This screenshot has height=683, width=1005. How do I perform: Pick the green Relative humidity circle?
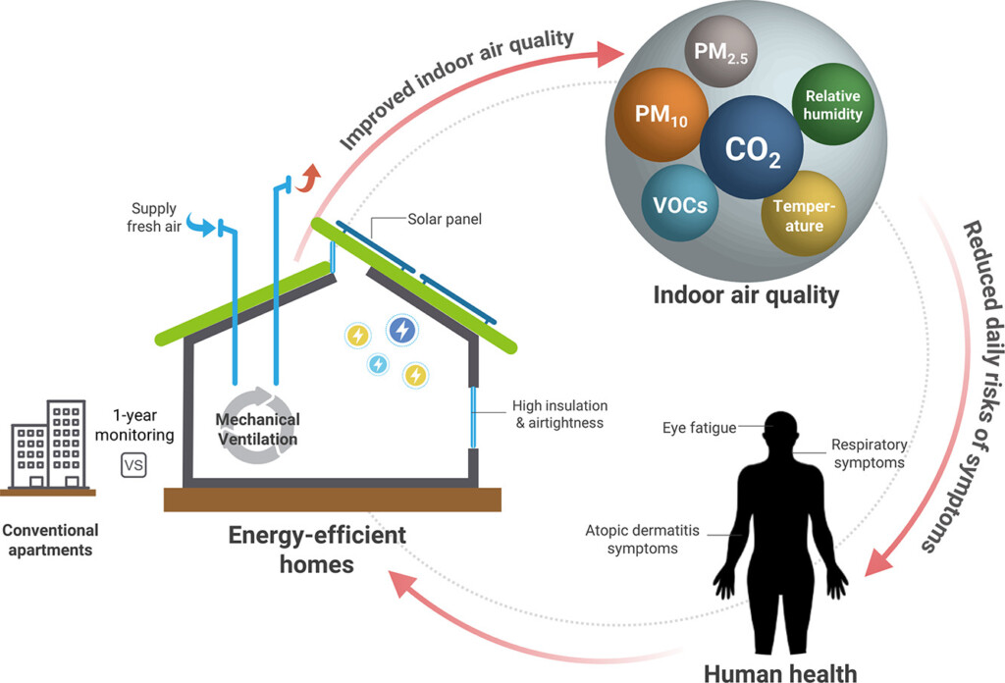click(x=833, y=105)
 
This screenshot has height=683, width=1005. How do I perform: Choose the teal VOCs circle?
click(x=679, y=204)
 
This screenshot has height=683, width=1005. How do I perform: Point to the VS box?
click(x=132, y=464)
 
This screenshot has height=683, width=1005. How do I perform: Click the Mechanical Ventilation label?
click(x=258, y=429)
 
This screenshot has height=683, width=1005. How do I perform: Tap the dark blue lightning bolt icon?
click(x=401, y=331)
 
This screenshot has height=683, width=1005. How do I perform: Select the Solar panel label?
click(x=438, y=217)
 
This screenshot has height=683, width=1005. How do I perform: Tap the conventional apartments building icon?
click(x=51, y=444)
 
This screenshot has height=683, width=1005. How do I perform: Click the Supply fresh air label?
click(x=155, y=217)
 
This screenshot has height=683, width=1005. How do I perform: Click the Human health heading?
click(x=780, y=671)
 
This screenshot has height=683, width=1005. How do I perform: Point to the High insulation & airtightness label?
click(x=558, y=414)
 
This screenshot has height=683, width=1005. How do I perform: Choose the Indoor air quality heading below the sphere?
click(x=746, y=292)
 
